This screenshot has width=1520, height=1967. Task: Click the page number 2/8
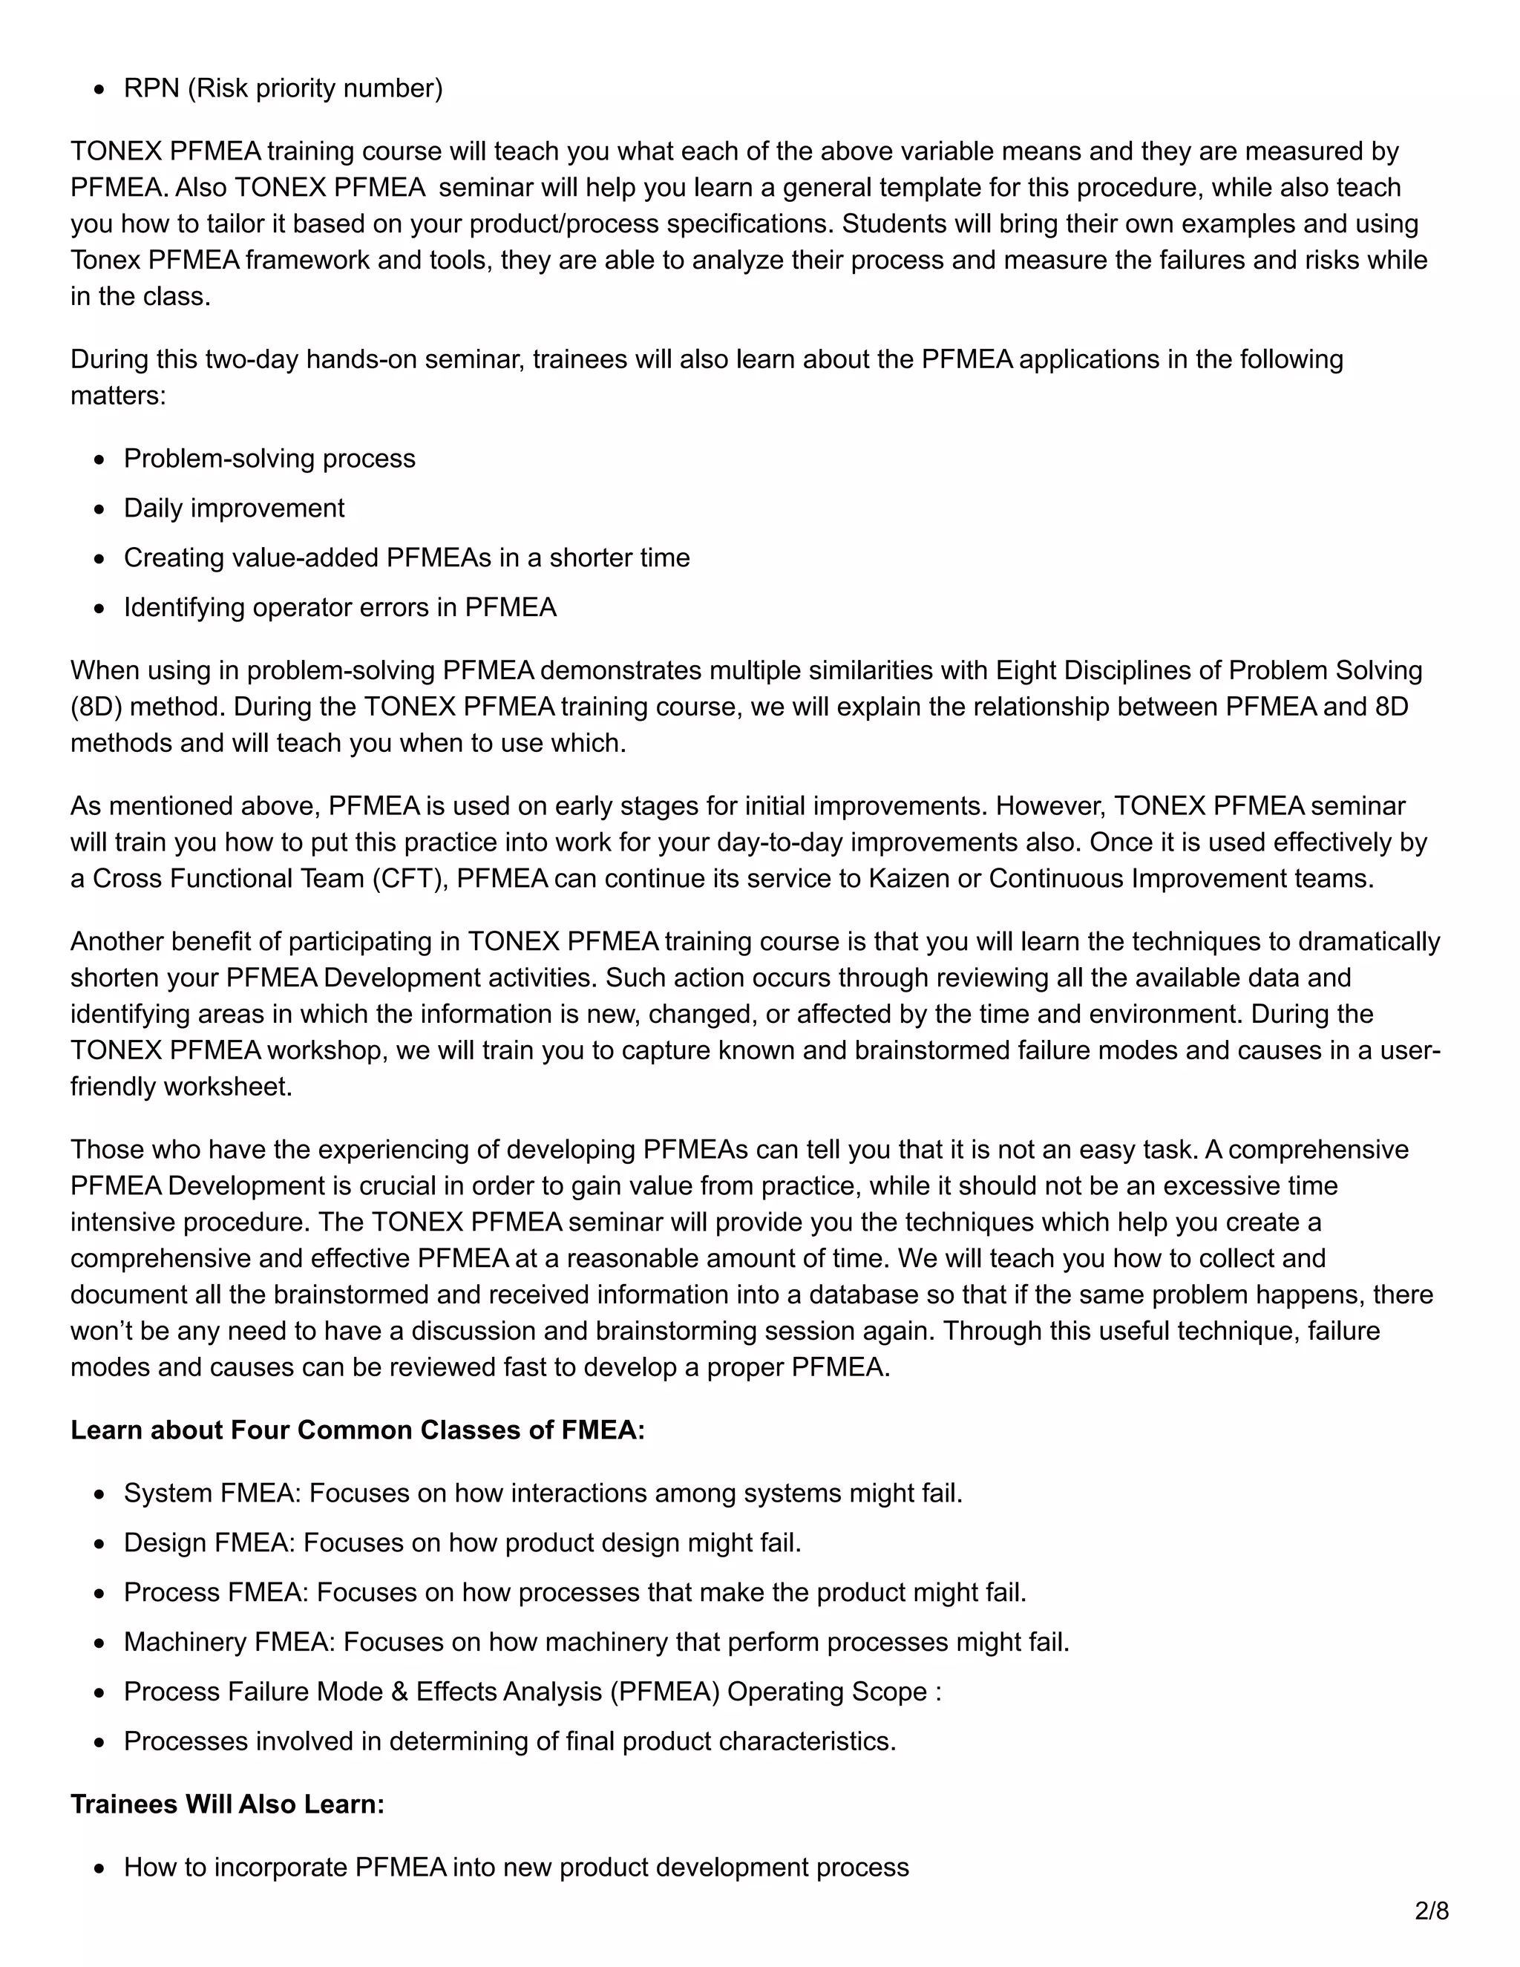[x=1431, y=1911]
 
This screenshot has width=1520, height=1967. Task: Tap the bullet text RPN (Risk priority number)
[x=283, y=88]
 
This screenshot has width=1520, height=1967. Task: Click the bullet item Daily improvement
[x=234, y=508]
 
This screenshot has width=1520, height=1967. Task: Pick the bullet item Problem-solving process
[x=269, y=459]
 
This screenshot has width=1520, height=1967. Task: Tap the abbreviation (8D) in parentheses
[x=96, y=706]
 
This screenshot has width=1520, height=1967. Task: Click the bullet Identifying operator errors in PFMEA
[x=339, y=607]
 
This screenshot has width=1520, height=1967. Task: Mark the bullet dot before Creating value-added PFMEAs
[x=100, y=558]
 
